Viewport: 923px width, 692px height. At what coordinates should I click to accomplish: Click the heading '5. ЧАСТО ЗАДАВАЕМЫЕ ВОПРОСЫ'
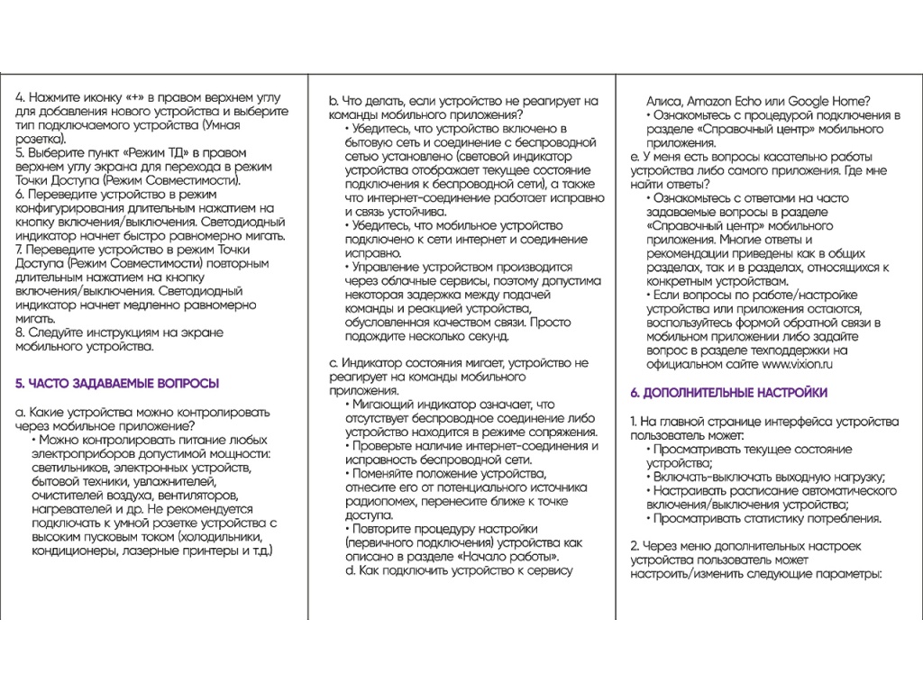(118, 384)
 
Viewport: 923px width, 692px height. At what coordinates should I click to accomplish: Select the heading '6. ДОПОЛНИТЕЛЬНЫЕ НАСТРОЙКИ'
(728, 394)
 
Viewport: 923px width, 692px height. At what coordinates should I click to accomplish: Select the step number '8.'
(22, 332)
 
